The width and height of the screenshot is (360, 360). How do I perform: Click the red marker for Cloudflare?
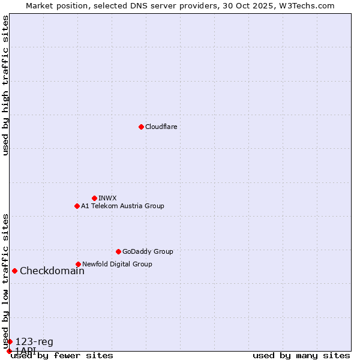[141, 127]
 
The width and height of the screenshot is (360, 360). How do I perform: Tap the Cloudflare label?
[161, 127]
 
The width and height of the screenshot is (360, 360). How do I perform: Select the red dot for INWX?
[94, 198]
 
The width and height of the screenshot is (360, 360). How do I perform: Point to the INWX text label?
[107, 198]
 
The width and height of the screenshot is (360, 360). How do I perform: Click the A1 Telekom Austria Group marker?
[77, 206]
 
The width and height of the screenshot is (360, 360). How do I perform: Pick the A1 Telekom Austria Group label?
[122, 206]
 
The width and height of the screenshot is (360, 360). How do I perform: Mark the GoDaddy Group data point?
[118, 251]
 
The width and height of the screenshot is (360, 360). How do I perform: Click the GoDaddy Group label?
[148, 251]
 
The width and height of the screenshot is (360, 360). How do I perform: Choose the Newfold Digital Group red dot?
[78, 264]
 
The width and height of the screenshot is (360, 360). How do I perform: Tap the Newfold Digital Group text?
[117, 264]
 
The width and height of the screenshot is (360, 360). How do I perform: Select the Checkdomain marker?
[14, 271]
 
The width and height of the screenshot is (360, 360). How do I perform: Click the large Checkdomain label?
[52, 271]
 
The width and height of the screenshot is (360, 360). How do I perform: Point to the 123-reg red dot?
[10, 341]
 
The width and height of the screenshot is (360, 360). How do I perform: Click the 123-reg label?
[34, 342]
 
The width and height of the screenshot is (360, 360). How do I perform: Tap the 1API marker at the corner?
[8, 351]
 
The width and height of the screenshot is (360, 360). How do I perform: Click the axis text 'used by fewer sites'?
[62, 356]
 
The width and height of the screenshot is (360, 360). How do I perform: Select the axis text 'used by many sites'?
[301, 356]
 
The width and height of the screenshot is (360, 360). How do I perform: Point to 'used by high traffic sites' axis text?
[5, 85]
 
